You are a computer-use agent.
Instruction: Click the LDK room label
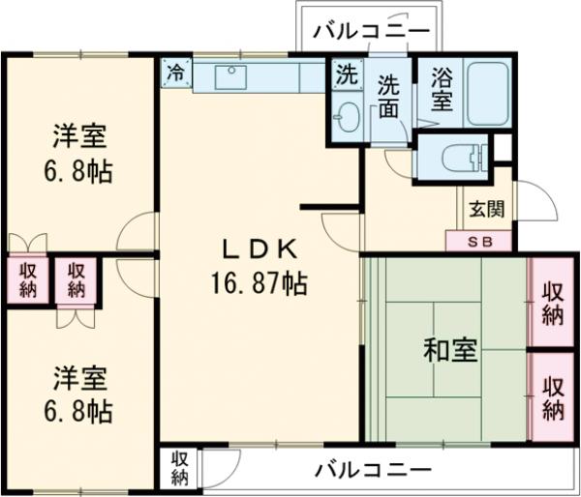(x=259, y=250)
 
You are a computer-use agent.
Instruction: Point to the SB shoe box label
(x=479, y=242)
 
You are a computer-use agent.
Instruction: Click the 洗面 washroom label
(x=389, y=96)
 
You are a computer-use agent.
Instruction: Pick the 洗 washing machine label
(x=346, y=73)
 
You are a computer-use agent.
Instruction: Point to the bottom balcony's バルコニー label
(x=373, y=471)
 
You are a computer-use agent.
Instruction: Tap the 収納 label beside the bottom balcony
(x=180, y=468)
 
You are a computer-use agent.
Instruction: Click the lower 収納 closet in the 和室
(x=553, y=396)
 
